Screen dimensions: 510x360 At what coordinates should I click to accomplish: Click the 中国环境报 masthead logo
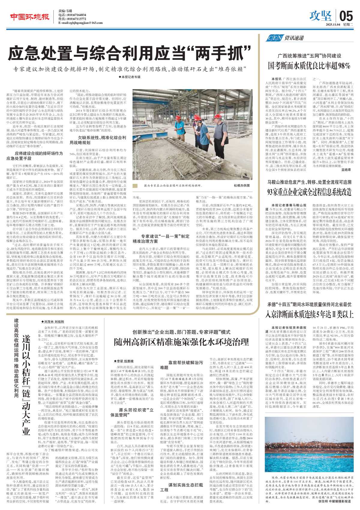click(x=29, y=17)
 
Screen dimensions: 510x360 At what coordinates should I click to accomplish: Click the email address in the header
click(x=80, y=23)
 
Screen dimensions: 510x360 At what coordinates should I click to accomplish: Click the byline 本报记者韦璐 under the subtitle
click(x=129, y=77)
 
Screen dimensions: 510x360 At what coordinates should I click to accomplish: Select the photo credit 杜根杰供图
click(x=241, y=186)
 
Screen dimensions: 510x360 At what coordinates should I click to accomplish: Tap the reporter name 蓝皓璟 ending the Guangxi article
click(x=346, y=170)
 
